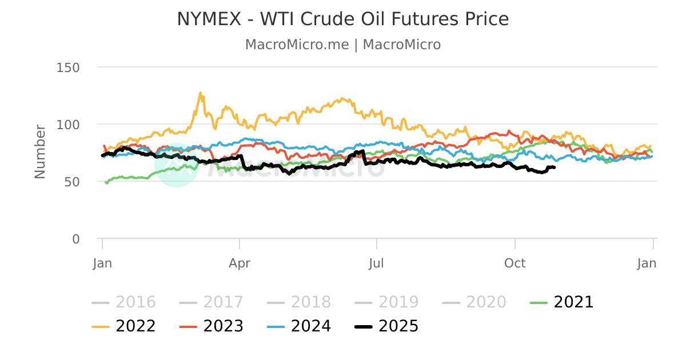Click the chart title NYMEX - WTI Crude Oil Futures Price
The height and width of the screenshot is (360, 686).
point(342,19)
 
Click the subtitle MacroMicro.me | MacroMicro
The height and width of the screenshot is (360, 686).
point(342,45)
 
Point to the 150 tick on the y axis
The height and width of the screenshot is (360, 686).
point(68,67)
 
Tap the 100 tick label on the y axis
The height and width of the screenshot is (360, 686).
point(68,125)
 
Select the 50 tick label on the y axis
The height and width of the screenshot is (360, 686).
point(71,182)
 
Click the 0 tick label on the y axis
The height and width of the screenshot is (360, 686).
point(75,239)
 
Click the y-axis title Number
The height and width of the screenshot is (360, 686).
point(39,151)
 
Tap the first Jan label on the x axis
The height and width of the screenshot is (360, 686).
point(102,263)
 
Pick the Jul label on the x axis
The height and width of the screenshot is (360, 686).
point(377,263)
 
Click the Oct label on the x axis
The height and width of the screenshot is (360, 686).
point(515,263)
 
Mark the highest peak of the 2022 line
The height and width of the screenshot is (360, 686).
point(200,92)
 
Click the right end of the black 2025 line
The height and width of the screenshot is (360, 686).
point(555,167)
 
